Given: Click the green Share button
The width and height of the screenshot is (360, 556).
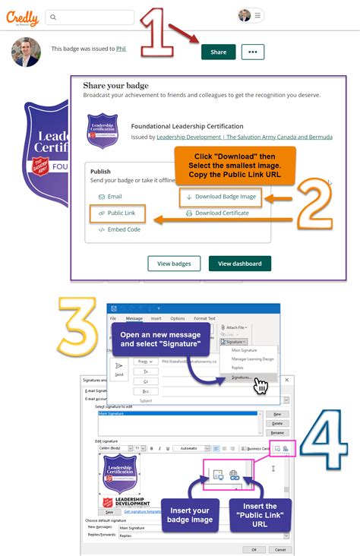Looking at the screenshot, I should [x=218, y=52].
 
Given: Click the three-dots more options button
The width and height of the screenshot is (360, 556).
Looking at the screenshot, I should [x=253, y=52].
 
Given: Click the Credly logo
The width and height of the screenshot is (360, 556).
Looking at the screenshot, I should [x=24, y=16].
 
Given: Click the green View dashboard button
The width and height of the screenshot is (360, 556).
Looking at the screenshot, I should [x=239, y=264].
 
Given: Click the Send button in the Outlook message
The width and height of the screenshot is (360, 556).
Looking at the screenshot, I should [x=119, y=371].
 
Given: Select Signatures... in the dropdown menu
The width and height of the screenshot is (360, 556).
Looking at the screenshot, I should [x=242, y=377].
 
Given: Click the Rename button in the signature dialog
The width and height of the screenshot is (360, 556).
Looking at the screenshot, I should [x=277, y=433].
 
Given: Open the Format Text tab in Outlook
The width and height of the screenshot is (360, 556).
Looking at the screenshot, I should [x=204, y=318].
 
